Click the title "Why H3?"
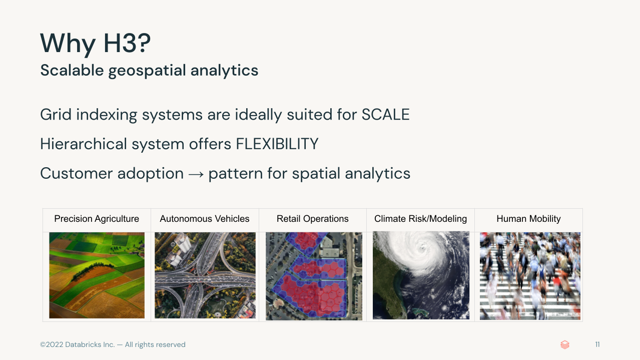point(95,44)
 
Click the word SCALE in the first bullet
point(385,115)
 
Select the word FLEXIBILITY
point(277,144)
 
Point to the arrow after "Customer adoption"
point(196,174)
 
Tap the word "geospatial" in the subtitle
point(147,70)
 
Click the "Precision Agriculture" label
point(97,219)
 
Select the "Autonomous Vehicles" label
point(205,219)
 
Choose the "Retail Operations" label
point(313,219)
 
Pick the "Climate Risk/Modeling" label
point(420,219)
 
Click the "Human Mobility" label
point(528,219)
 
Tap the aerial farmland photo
point(97,275)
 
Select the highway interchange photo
point(205,275)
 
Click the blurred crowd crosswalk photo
point(530,276)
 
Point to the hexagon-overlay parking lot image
point(314,276)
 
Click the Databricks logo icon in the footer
point(565,344)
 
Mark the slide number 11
point(597,344)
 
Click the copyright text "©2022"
point(52,344)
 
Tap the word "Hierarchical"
point(84,144)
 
